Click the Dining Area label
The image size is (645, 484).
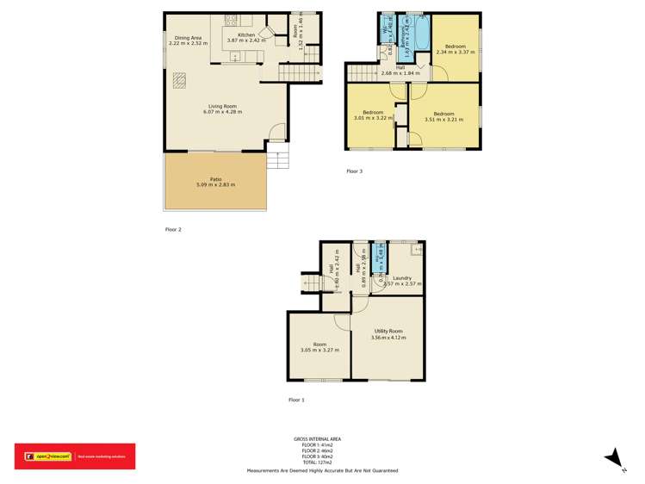coord(189,38)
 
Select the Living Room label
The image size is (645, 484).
coord(223,106)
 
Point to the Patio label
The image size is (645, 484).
coord(216,178)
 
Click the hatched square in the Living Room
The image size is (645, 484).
coord(178,80)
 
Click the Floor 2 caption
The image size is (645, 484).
coord(173,229)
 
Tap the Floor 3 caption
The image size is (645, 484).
coord(354,171)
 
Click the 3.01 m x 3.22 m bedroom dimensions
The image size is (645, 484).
coord(373,118)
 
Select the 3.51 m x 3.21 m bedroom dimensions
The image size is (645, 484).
coord(443,119)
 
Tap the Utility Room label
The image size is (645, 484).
coord(388,331)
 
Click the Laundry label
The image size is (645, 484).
coord(401,277)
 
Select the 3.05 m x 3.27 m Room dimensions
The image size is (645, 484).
coord(319,350)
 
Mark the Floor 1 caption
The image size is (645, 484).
coord(296,400)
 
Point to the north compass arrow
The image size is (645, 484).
coord(615,458)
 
